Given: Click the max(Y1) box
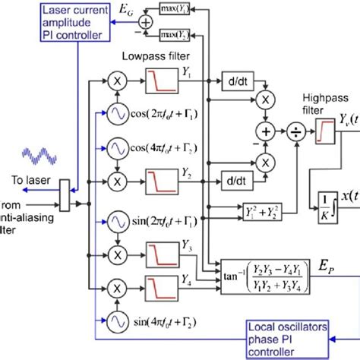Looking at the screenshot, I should coord(173,11).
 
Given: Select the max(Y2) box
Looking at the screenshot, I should coord(173,34).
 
